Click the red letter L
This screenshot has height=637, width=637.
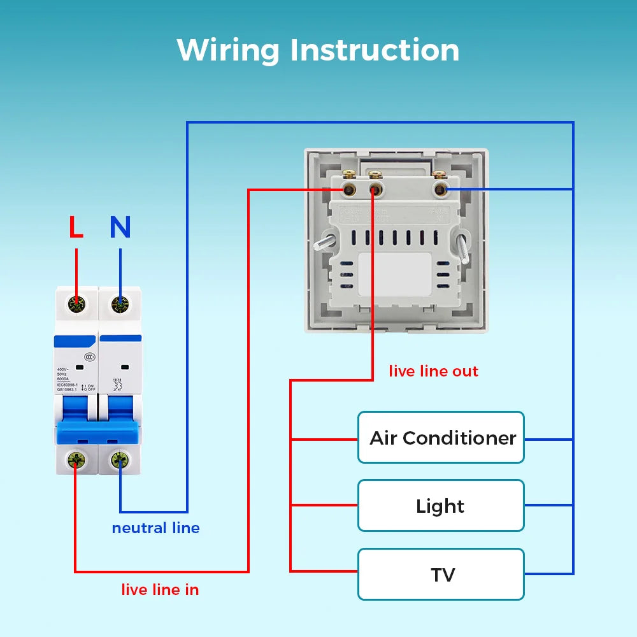click(x=76, y=227)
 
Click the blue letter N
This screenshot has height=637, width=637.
click(x=120, y=227)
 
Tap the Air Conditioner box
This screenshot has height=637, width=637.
click(x=441, y=438)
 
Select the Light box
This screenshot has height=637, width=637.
click(x=441, y=506)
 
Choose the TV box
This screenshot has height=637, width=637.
click(x=441, y=575)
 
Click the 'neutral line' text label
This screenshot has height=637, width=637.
click(x=155, y=528)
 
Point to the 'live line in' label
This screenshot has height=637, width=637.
click(x=160, y=590)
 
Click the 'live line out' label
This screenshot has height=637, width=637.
click(x=433, y=371)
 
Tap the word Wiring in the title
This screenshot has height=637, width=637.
click(x=228, y=50)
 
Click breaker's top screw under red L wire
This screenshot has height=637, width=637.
click(x=76, y=304)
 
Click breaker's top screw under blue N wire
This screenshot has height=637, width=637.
click(x=119, y=304)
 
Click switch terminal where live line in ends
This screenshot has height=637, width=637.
click(x=348, y=189)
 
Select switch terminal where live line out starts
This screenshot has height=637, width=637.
click(x=375, y=189)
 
